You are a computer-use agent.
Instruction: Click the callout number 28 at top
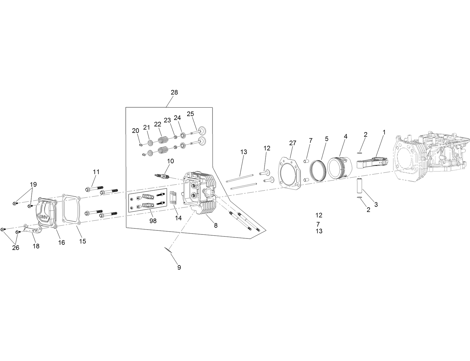point(174,92)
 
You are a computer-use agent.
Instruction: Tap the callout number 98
point(153,221)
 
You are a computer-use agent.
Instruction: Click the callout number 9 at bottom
point(179,267)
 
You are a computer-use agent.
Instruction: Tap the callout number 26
point(15,247)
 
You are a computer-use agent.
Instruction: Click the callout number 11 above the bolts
point(96,172)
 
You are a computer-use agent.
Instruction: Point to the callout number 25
point(190,114)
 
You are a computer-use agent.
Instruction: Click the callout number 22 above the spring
point(158,124)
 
